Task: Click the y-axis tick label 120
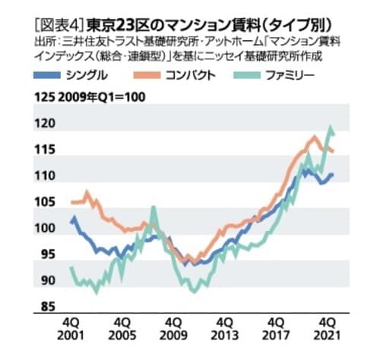(46, 122)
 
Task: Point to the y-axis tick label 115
(46, 150)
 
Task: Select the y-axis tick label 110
(46, 176)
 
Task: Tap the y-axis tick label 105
(46, 202)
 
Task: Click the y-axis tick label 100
(46, 229)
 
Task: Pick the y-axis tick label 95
(47, 254)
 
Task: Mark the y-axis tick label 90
(47, 281)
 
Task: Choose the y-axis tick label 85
(47, 307)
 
